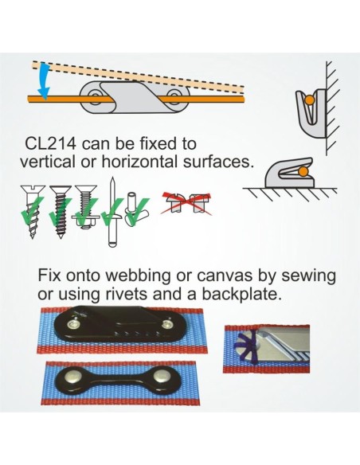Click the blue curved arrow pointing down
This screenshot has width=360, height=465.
tap(44, 80)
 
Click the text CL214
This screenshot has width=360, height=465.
tap(50, 143)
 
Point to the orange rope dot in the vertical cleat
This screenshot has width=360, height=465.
tap(309, 100)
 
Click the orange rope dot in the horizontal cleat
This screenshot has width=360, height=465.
tap(303, 171)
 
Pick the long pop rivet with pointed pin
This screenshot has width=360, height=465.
tap(112, 212)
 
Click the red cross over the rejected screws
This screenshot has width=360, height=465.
tap(186, 203)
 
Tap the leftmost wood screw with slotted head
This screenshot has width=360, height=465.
tap(32, 212)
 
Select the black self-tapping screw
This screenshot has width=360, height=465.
tap(61, 212)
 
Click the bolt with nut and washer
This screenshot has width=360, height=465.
tap(86, 208)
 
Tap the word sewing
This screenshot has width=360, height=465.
tap(308, 276)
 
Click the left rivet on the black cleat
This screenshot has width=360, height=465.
tap(73, 325)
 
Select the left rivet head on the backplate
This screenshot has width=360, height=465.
tap(72, 377)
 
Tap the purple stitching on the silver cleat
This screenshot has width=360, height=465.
tap(246, 346)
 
